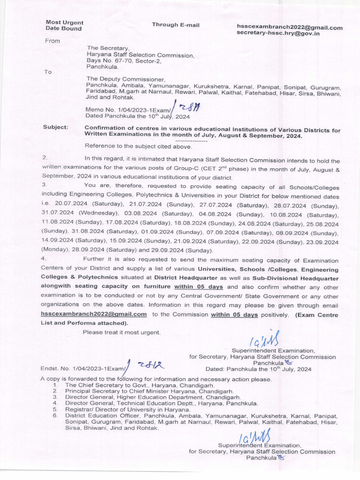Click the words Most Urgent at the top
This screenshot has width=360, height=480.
tap(64, 22)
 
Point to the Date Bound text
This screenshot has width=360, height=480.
tap(63, 29)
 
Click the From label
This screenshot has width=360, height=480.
tap(52, 41)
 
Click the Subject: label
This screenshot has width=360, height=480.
tap(55, 127)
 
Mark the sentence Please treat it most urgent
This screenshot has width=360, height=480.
tap(121, 332)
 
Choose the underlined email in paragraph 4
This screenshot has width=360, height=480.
tap(93, 315)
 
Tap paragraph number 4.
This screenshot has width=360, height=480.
tap(44, 259)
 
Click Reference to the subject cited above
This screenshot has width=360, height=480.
tap(135, 146)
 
